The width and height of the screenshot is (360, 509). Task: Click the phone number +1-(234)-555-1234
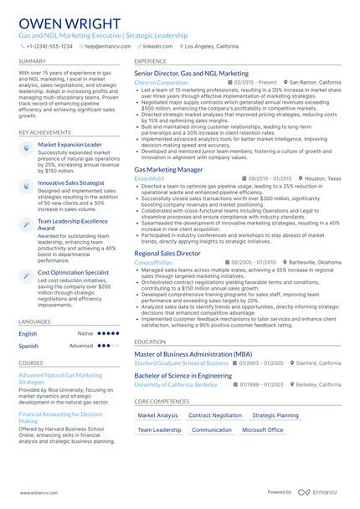click(x=49, y=47)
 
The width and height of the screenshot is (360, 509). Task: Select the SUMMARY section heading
click(x=32, y=62)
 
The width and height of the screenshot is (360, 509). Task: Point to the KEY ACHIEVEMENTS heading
click(x=44, y=132)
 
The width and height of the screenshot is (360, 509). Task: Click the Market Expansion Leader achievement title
click(x=69, y=144)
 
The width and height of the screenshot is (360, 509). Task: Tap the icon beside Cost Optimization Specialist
click(x=26, y=273)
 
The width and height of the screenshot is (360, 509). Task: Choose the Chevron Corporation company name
click(x=162, y=83)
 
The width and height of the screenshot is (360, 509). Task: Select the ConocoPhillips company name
click(x=153, y=262)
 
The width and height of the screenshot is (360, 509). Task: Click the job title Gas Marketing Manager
click(x=168, y=169)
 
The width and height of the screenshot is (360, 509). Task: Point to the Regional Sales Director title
click(x=167, y=253)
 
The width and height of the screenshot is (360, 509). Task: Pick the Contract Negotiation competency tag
click(x=215, y=415)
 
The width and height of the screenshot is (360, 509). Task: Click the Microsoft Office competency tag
click(x=263, y=429)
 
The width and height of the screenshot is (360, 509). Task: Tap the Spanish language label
click(x=28, y=346)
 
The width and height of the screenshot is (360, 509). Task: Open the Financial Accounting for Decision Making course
click(x=60, y=417)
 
